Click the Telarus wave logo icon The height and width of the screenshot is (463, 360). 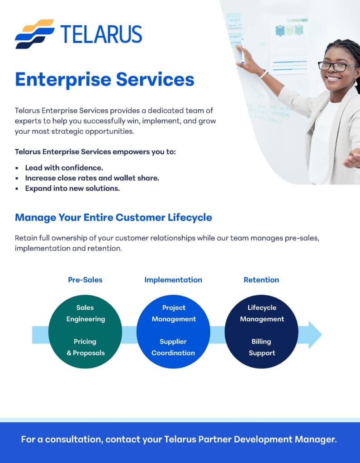[x=34, y=34]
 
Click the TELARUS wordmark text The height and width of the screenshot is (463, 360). [x=101, y=34]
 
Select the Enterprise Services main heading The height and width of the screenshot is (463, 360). [x=104, y=79]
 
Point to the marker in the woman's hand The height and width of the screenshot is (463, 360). [x=242, y=52]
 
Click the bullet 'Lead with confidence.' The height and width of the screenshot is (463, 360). [x=64, y=168]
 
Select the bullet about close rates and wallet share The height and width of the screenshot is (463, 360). [x=92, y=178]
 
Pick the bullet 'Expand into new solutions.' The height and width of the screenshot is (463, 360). [x=72, y=189]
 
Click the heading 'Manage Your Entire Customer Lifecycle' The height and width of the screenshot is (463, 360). [x=114, y=217]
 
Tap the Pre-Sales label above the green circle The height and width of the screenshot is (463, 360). [x=85, y=280]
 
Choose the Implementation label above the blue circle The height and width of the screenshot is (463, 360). [x=173, y=280]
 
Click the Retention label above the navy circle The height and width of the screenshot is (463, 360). [x=261, y=280]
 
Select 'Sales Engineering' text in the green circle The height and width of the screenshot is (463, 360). [x=85, y=313]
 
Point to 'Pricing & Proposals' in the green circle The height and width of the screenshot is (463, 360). [x=85, y=347]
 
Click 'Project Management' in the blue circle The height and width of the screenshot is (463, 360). [x=174, y=313]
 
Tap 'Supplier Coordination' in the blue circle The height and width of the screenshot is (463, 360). [x=173, y=347]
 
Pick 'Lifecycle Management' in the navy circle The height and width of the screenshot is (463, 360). [x=262, y=313]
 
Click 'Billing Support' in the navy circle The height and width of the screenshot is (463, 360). [x=261, y=347]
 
